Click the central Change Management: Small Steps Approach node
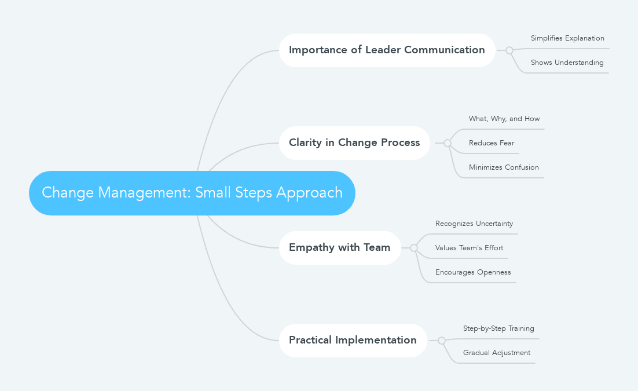(192, 193)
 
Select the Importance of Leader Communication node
(387, 50)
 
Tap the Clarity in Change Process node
(354, 143)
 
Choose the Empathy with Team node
(340, 248)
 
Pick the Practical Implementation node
(353, 341)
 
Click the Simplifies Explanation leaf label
(567, 39)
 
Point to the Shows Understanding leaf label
(567, 63)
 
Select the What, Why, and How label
(504, 119)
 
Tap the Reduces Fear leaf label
(491, 144)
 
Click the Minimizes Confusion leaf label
(504, 168)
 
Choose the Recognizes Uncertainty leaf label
(474, 224)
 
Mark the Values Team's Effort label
(469, 249)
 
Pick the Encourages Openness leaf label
(473, 273)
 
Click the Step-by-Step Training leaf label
(498, 329)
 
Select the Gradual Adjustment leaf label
(496, 353)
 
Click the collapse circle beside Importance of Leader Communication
(509, 50)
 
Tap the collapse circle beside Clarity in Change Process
(448, 143)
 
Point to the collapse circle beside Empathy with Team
(414, 248)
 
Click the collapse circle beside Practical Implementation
(442, 341)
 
